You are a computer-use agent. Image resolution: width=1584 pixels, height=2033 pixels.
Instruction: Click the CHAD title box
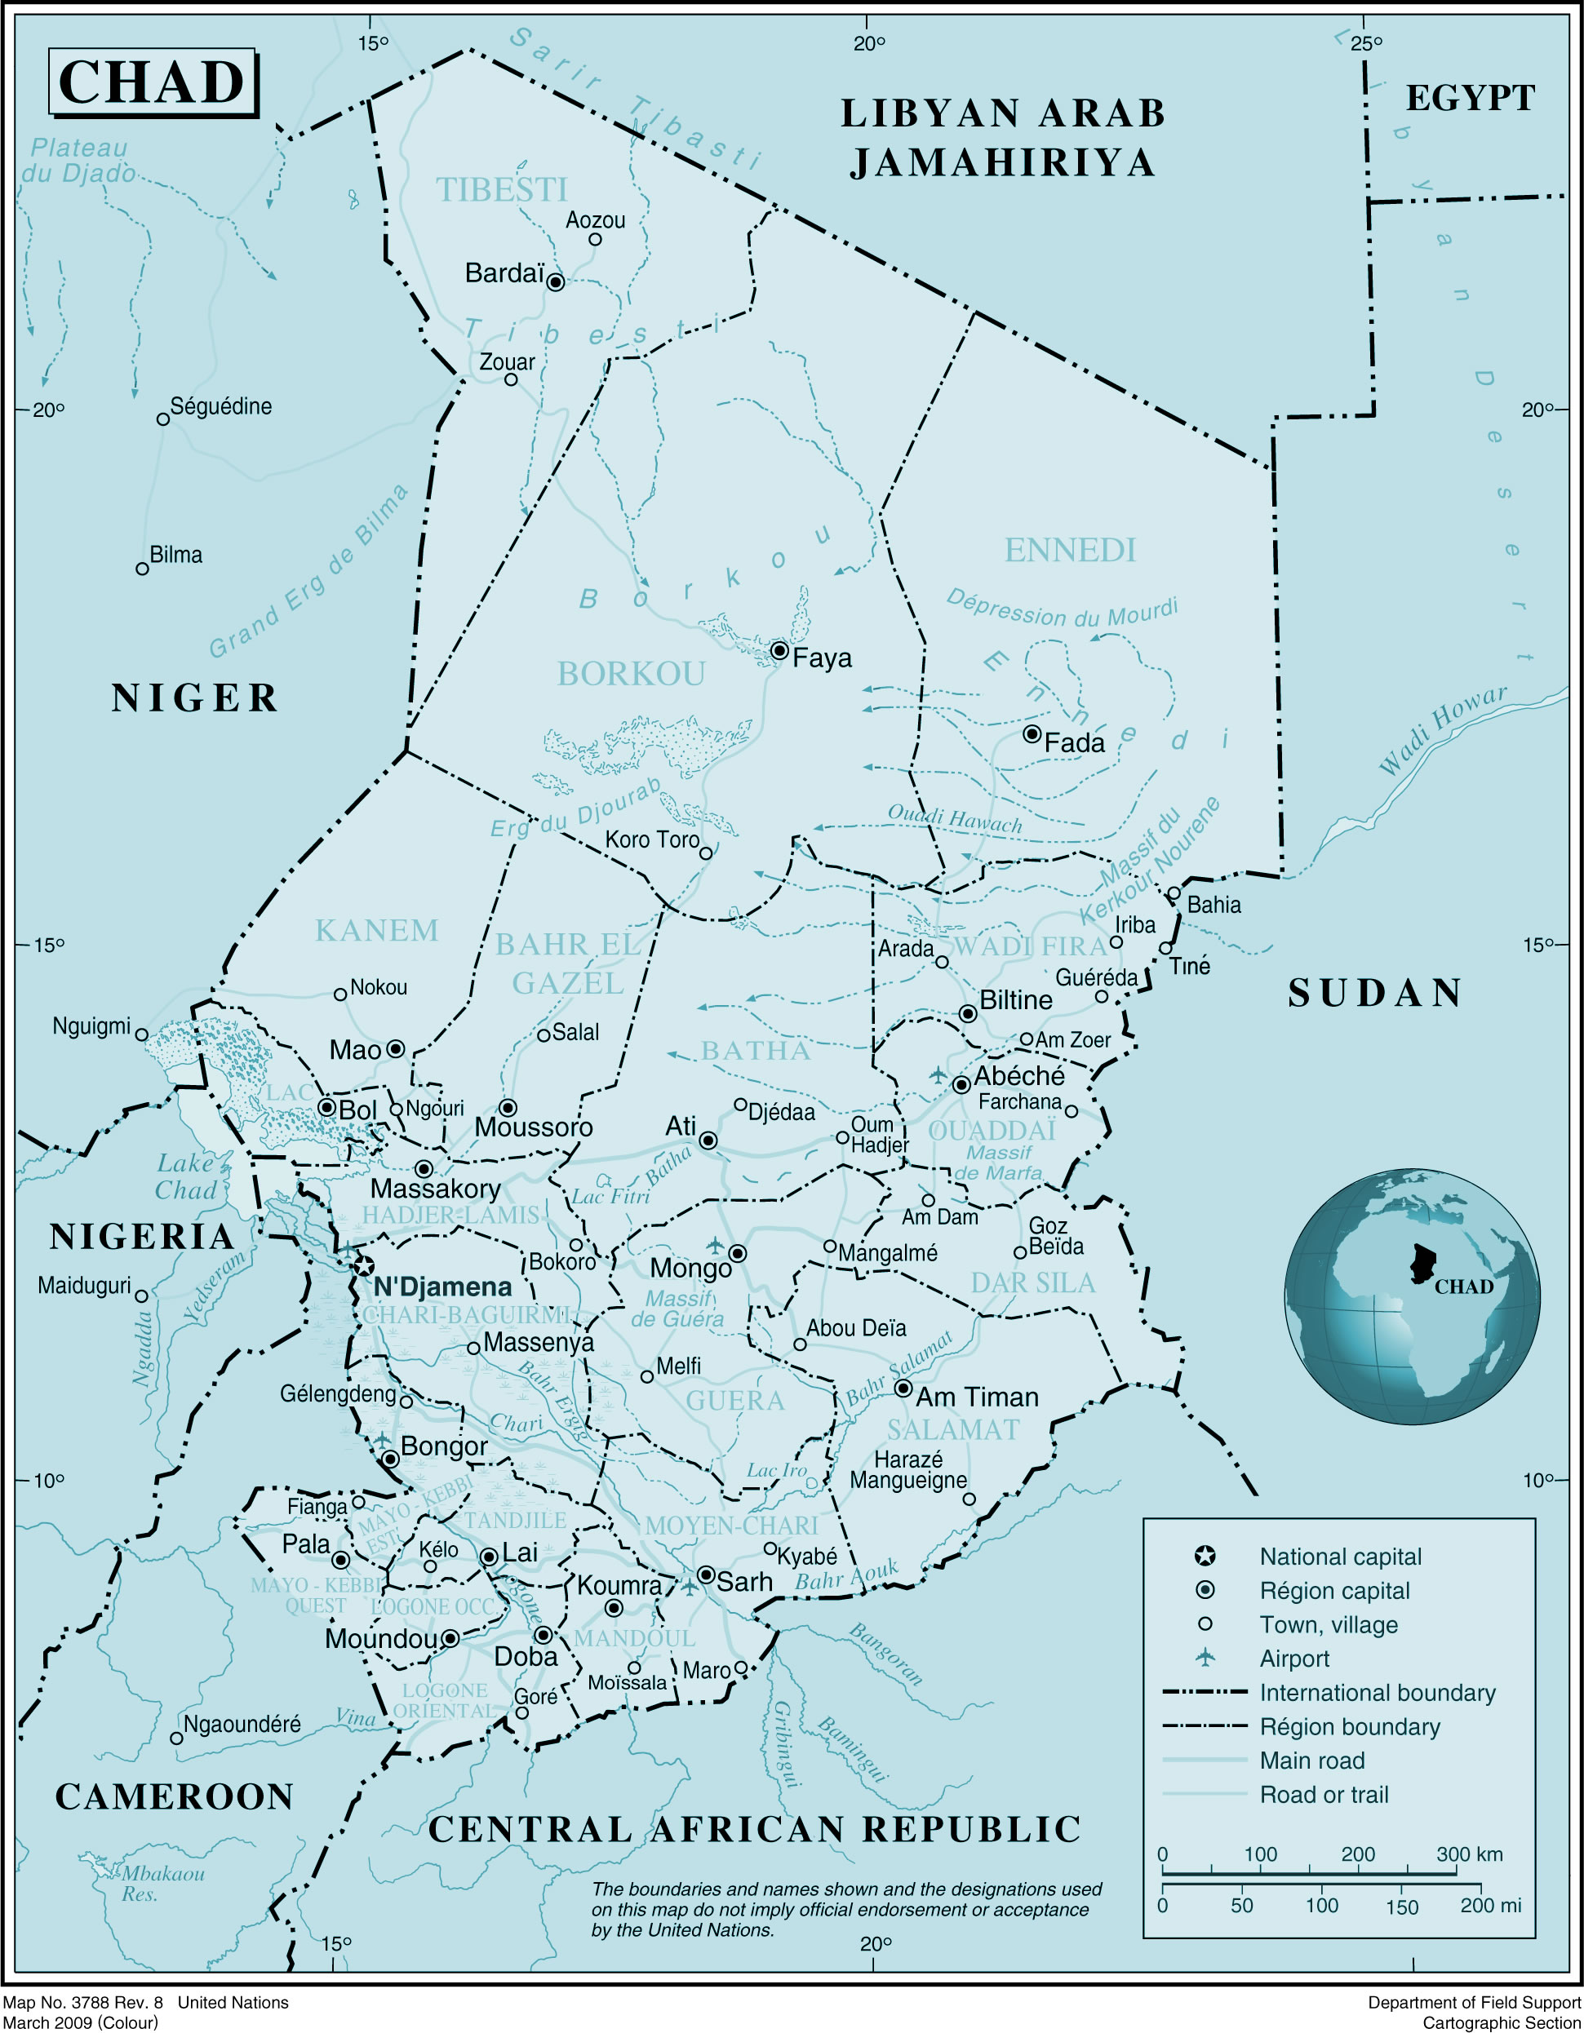153,83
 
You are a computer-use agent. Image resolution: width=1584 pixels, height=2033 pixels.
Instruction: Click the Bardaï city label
504,273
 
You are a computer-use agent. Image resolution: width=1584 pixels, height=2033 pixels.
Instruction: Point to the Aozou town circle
595,239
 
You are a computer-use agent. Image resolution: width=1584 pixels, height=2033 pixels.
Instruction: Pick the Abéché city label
1018,1076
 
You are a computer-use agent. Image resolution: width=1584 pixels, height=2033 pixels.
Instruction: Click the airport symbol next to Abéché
938,1076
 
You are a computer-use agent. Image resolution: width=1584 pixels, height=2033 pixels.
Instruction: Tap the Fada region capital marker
1032,733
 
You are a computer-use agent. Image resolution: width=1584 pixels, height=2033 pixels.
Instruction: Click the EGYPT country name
1470,98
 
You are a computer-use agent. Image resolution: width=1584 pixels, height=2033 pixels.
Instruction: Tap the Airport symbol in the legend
1205,1658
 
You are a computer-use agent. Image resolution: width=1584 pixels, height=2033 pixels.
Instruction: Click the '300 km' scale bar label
1470,1854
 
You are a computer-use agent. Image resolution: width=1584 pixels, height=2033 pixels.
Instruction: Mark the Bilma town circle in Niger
143,569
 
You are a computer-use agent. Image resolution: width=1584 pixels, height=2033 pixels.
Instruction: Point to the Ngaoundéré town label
242,1725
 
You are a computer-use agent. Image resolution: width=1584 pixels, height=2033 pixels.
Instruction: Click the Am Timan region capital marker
903,1388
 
